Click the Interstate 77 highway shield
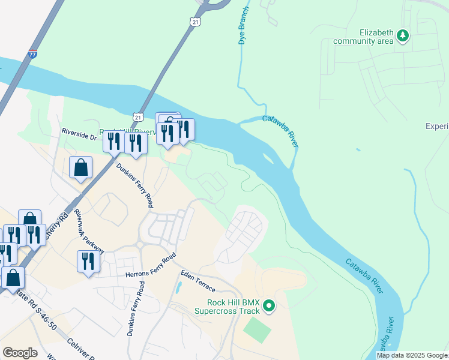[32, 54]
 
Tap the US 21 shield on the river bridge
[139, 116]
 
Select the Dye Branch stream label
[243, 28]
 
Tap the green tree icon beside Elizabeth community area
[402, 37]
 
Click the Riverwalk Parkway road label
[89, 232]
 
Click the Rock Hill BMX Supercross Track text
[226, 307]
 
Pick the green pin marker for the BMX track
[270, 307]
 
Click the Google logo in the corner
[20, 353]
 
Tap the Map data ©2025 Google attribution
[412, 355]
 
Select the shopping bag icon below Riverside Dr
[80, 168]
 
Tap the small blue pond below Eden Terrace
[179, 287]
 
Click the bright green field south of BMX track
[257, 330]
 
